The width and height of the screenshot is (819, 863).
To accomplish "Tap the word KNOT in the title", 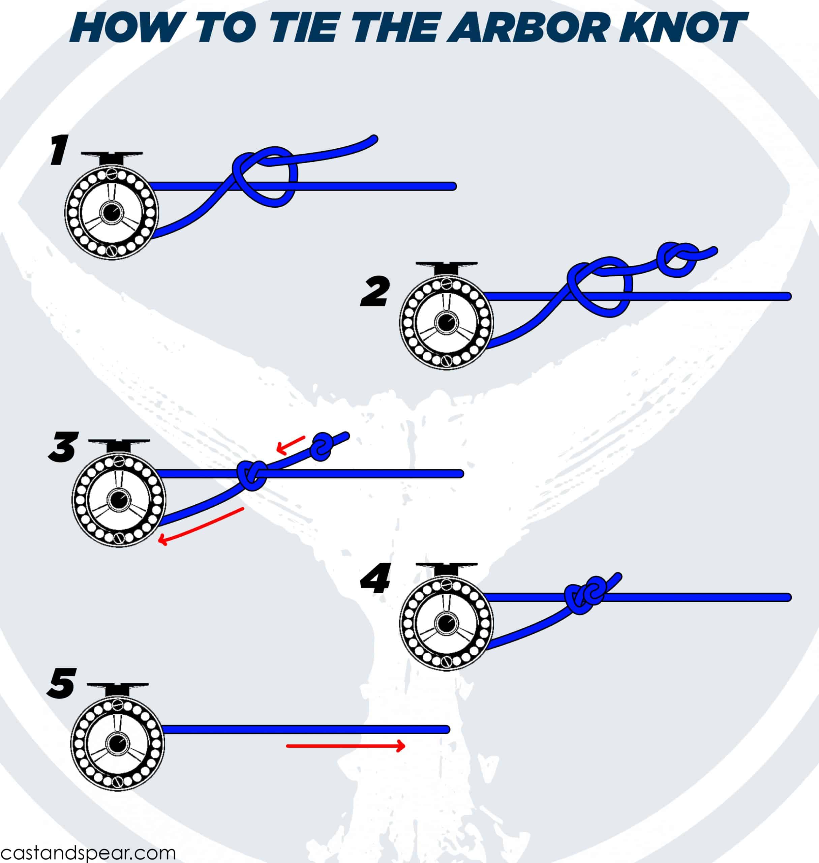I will click(681, 27).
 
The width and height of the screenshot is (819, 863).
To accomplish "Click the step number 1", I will click(59, 150).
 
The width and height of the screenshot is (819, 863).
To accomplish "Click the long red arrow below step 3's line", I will click(201, 527).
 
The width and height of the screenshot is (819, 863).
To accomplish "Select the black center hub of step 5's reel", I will click(117, 742).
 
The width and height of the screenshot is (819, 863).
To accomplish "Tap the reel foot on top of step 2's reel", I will click(446, 267).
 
